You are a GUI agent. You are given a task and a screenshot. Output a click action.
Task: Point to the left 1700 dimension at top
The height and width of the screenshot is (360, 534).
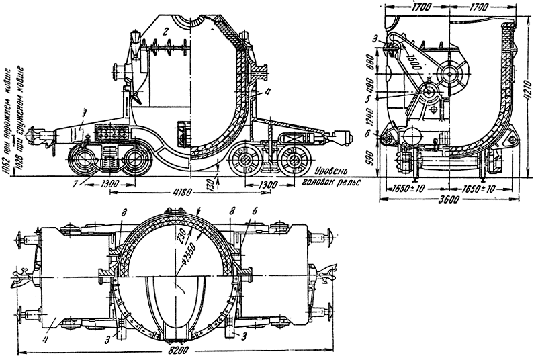[420, 8]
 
